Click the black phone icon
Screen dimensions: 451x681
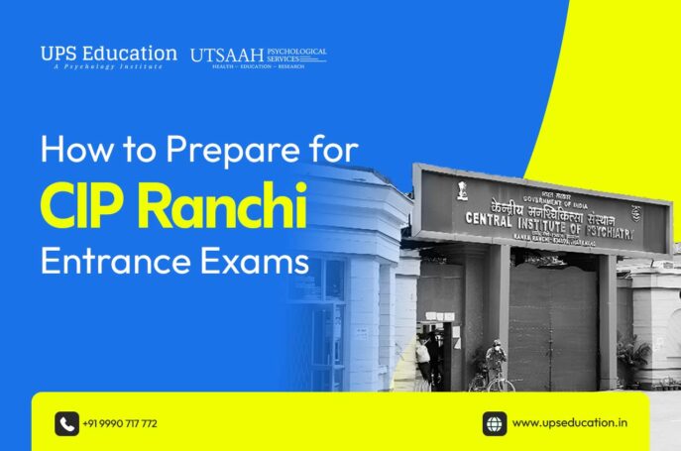click(66, 423)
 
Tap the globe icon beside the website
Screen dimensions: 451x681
click(495, 423)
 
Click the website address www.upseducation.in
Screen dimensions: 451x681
click(569, 423)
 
